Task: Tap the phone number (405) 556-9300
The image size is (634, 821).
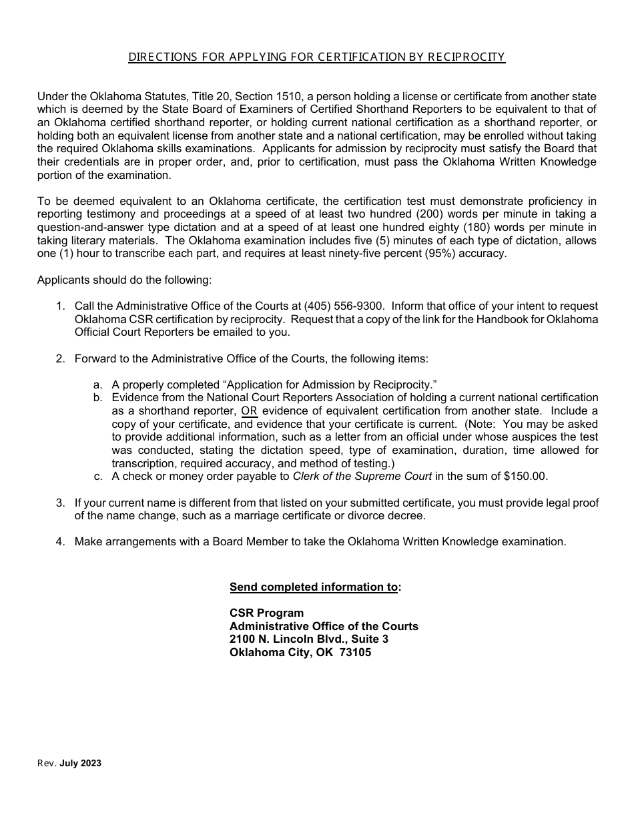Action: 344,306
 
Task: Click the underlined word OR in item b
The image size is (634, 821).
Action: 249,410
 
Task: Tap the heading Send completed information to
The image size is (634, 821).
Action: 315,587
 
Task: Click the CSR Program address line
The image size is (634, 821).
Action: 266,613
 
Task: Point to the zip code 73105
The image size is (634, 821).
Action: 355,652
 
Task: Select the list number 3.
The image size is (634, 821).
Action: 60,503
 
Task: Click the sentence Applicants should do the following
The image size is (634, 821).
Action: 124,280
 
